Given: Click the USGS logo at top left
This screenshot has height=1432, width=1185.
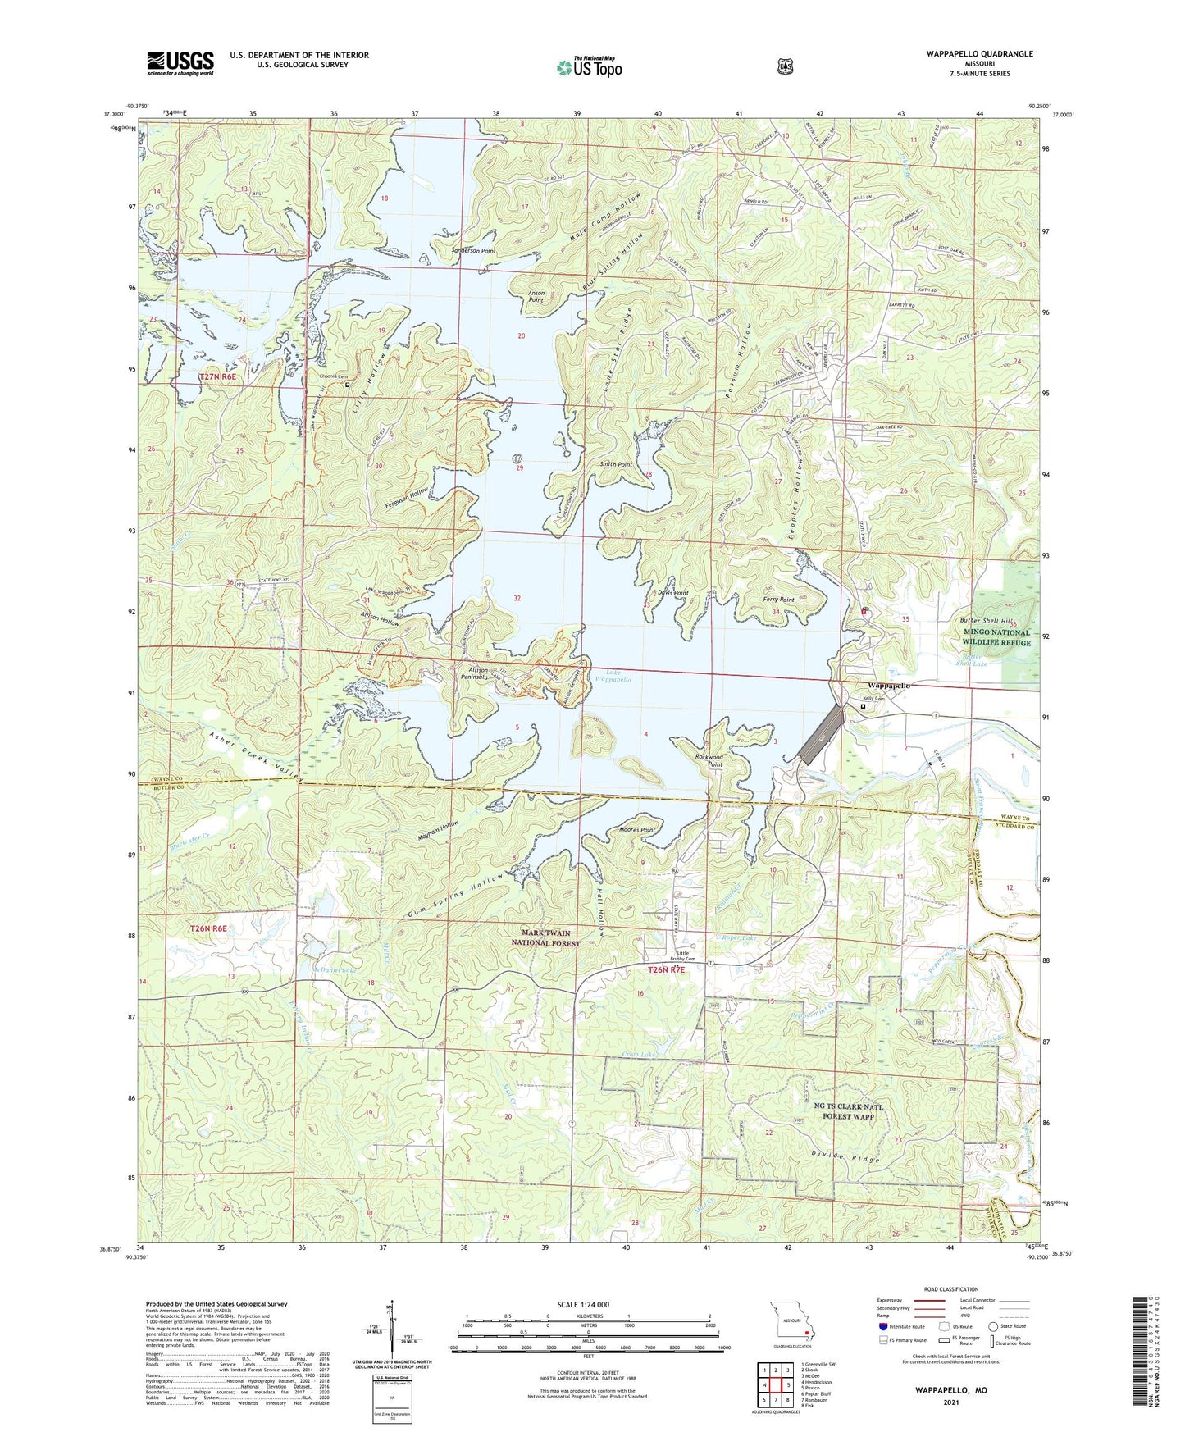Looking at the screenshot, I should tap(180, 63).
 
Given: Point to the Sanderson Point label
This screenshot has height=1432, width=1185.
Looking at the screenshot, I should tap(474, 250).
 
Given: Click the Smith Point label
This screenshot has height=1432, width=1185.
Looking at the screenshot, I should tap(615, 464).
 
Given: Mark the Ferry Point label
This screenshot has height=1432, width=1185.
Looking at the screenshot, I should tap(778, 600).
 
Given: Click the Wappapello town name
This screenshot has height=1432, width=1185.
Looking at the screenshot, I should tap(889, 686).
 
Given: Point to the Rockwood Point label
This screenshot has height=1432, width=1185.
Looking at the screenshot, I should tap(709, 760).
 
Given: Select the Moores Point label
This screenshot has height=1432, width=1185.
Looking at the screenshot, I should tap(637, 830).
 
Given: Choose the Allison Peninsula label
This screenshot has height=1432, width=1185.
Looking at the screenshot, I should tap(474, 673).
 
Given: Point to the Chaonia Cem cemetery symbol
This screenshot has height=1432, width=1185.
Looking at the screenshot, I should tap(347, 384).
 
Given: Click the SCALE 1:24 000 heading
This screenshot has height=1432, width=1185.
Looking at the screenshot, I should tap(582, 1304).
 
